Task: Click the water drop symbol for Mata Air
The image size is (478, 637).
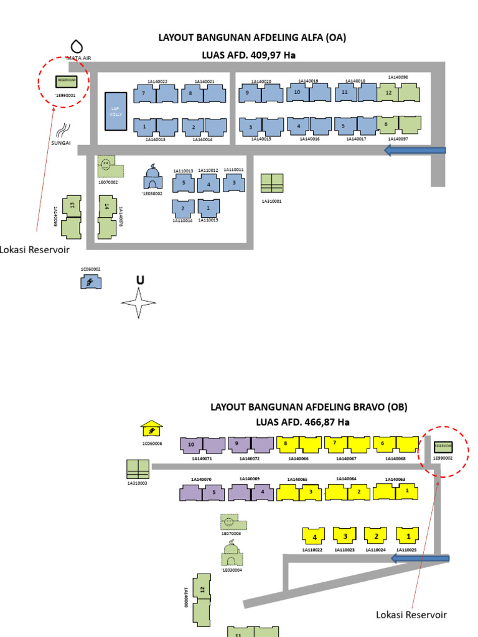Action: point(77,46)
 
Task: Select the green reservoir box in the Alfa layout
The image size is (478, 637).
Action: point(65,81)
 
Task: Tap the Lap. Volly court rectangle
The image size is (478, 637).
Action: point(115,111)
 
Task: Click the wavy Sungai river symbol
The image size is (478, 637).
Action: point(63,130)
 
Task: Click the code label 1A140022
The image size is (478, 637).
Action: point(157,81)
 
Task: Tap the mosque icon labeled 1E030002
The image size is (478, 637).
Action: point(153,177)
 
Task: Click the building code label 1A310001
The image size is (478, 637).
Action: point(271,201)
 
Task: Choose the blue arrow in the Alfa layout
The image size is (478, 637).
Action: point(415,150)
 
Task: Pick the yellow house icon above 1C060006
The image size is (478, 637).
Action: point(151,429)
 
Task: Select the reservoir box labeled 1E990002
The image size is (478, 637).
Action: point(443,446)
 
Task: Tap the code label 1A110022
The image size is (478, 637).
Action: point(312,550)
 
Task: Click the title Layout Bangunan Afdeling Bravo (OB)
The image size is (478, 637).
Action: point(309,407)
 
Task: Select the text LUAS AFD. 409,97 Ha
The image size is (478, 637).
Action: point(248,55)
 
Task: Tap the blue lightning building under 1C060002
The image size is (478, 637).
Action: point(90,282)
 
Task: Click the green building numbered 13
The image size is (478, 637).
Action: point(73,215)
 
